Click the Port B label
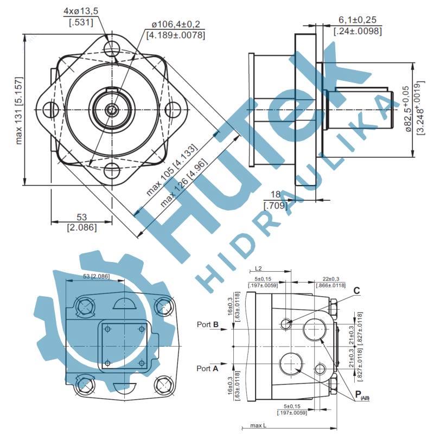click(208, 324)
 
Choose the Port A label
click(208, 368)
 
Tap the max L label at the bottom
click(260, 425)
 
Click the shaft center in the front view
click(112, 110)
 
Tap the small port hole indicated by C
click(287, 324)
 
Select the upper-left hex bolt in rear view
click(86, 307)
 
